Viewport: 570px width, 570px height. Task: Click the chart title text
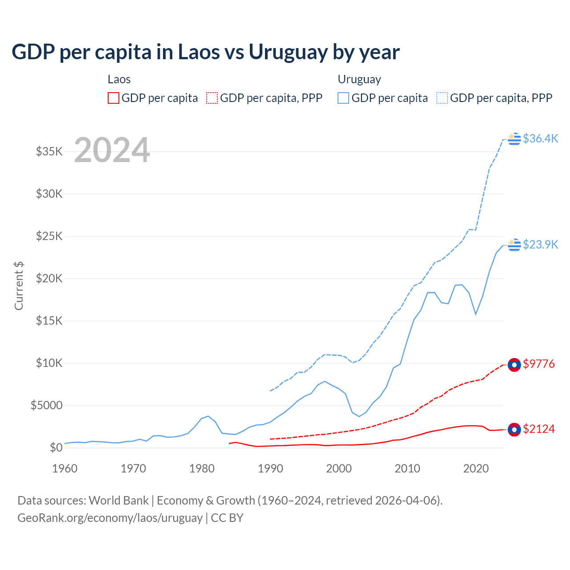pyautogui.click(x=205, y=52)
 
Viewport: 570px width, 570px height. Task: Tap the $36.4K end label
pyautogui.click(x=540, y=138)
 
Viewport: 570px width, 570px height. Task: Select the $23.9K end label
pyautogui.click(x=540, y=244)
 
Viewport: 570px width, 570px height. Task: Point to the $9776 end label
pyautogui.click(x=539, y=364)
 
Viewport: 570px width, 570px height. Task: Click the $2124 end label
pyautogui.click(x=539, y=429)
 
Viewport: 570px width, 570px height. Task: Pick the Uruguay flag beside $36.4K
pyautogui.click(x=514, y=139)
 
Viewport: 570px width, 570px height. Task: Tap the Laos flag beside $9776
pyautogui.click(x=514, y=365)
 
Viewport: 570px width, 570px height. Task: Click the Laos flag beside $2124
pyautogui.click(x=514, y=430)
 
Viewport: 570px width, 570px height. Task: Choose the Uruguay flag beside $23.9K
pyautogui.click(x=514, y=245)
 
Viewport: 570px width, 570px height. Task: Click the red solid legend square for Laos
pyautogui.click(x=114, y=98)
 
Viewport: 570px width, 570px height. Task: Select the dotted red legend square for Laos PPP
pyautogui.click(x=212, y=98)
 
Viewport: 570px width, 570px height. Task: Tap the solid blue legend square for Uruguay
pyautogui.click(x=343, y=98)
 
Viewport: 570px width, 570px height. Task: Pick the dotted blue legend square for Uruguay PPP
pyautogui.click(x=442, y=98)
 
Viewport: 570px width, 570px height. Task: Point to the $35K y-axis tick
pyautogui.click(x=49, y=151)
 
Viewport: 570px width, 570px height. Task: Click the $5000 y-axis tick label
pyautogui.click(x=46, y=405)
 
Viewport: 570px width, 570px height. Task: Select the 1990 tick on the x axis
pyautogui.click(x=270, y=468)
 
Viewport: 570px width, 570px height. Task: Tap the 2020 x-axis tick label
pyautogui.click(x=476, y=468)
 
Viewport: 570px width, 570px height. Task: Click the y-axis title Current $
pyautogui.click(x=19, y=286)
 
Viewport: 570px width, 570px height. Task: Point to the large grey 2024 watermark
pyautogui.click(x=112, y=150)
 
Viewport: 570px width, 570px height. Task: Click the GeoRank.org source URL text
pyautogui.click(x=110, y=518)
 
